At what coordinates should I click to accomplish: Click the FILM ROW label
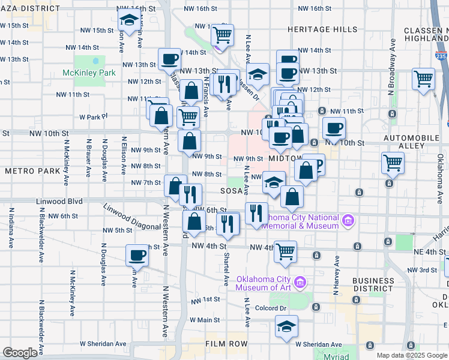(226, 344)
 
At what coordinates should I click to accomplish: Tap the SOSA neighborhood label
(231, 191)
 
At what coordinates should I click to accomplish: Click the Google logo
(20, 353)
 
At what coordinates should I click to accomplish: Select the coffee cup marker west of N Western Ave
(137, 256)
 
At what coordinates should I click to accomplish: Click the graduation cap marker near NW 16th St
(128, 20)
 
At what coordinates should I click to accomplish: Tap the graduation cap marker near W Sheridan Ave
(286, 326)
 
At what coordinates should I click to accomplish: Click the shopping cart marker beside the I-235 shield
(424, 78)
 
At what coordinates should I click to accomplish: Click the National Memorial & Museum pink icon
(348, 221)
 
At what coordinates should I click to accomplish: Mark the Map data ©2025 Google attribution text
(411, 355)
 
